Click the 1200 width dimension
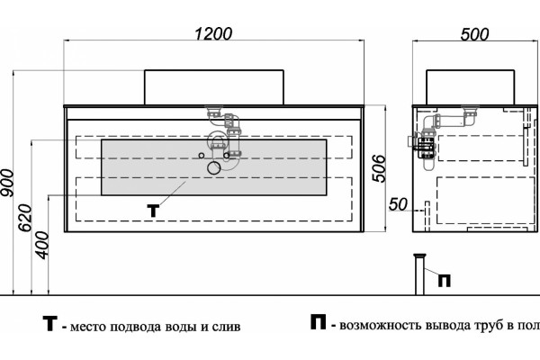pyautogui.click(x=213, y=34)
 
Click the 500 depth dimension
pyautogui.click(x=474, y=34)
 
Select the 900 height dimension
pyautogui.click(x=7, y=183)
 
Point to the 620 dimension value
pyautogui.click(x=25, y=218)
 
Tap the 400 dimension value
pyautogui.click(x=43, y=245)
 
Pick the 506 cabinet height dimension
pyautogui.click(x=379, y=168)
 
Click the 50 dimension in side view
pyautogui.click(x=398, y=204)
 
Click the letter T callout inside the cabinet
pyautogui.click(x=153, y=211)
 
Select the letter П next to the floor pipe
pyautogui.click(x=445, y=281)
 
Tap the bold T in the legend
pyautogui.click(x=49, y=324)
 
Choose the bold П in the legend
pyautogui.click(x=318, y=322)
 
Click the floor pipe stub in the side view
pyautogui.click(x=419, y=274)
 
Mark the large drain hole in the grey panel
pyautogui.click(x=214, y=167)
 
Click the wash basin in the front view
pyautogui.click(x=214, y=87)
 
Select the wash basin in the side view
pyautogui.click(x=471, y=87)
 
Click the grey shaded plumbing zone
pyautogui.click(x=214, y=167)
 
